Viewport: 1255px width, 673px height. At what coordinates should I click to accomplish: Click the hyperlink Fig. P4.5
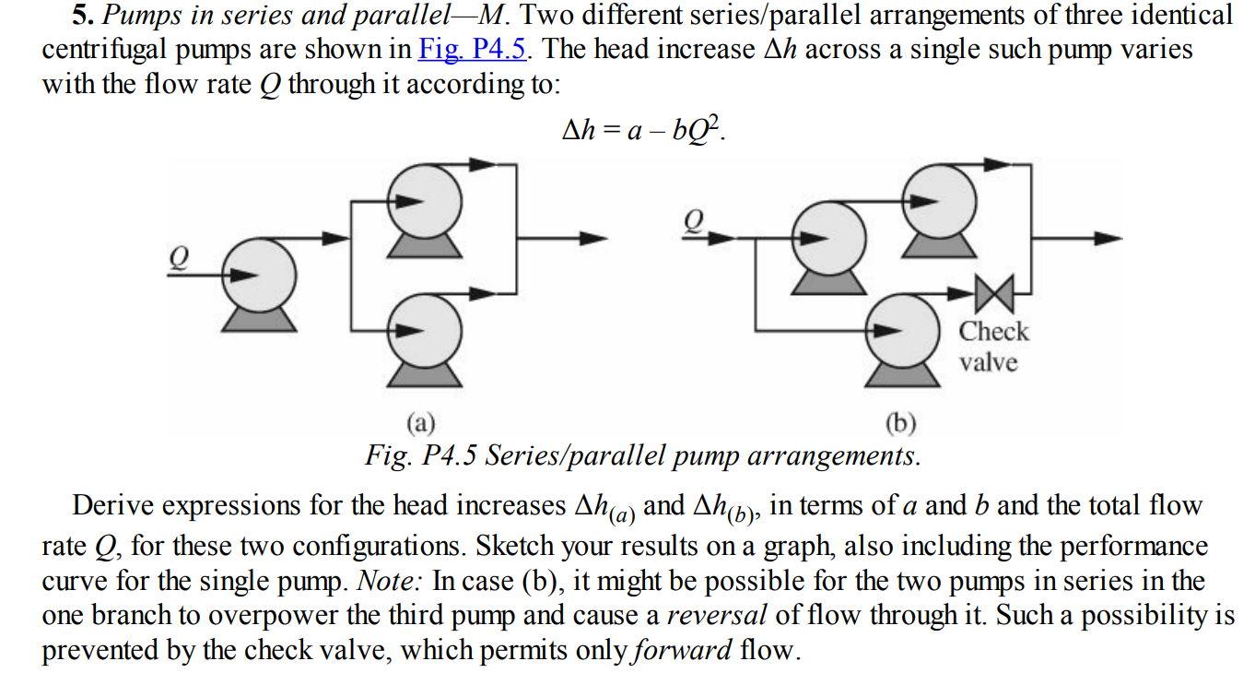click(x=473, y=49)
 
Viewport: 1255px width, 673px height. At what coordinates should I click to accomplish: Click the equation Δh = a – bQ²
click(x=643, y=130)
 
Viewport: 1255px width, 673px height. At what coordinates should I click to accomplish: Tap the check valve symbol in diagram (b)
click(x=993, y=294)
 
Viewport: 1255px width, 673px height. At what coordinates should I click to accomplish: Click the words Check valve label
click(x=992, y=347)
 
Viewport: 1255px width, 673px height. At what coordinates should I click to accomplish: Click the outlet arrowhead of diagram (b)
click(x=1108, y=238)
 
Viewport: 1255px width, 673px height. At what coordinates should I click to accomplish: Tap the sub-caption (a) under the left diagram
click(x=421, y=423)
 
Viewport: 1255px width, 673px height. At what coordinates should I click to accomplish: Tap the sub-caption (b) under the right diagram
click(x=900, y=423)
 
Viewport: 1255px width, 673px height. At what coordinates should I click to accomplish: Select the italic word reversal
click(x=716, y=616)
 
